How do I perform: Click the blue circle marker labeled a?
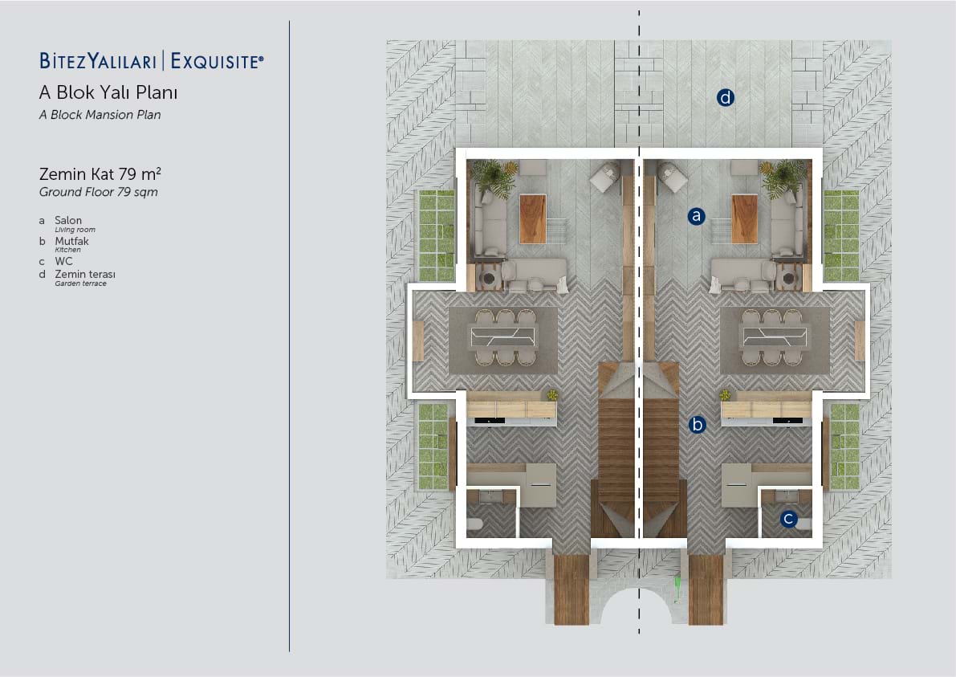click(696, 216)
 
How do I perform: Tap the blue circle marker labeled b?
click(697, 425)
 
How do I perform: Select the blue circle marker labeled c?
click(788, 519)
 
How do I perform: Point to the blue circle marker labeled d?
click(725, 98)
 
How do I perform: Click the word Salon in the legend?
click(68, 220)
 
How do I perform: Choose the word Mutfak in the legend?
click(72, 241)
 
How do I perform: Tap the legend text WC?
click(63, 261)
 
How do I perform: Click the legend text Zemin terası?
click(85, 275)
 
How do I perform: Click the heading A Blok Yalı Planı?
click(108, 92)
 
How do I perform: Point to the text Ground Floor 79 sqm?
click(98, 192)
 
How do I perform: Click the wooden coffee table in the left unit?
click(533, 219)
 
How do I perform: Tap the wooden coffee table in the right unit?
click(744, 219)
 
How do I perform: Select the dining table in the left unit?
click(503, 336)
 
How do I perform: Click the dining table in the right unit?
click(774, 336)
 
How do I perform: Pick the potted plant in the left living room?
click(494, 178)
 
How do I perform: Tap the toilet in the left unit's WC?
click(475, 524)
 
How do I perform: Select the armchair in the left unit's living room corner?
click(604, 176)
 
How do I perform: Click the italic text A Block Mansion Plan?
click(100, 115)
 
